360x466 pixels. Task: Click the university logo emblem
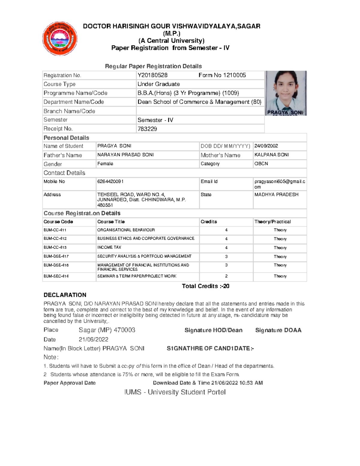click(x=60, y=39)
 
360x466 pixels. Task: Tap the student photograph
click(x=286, y=93)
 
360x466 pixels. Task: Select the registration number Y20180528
click(x=152, y=75)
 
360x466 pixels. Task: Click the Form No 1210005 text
click(x=222, y=75)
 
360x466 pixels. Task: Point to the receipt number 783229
click(x=147, y=129)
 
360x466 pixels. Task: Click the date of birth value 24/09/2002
click(x=266, y=146)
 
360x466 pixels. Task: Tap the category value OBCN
click(x=261, y=164)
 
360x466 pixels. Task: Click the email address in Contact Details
click(x=280, y=184)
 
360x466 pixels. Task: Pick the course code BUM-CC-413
click(x=55, y=248)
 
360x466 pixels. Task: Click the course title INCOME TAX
click(x=109, y=248)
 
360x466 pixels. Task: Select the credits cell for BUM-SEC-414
click(x=226, y=276)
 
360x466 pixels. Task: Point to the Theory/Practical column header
click(x=272, y=222)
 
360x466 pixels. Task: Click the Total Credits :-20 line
click(x=205, y=286)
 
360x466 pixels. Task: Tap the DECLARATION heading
click(x=65, y=295)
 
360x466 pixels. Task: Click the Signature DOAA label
click(x=278, y=330)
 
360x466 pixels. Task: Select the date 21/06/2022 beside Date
click(x=93, y=339)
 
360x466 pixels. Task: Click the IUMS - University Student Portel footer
click(x=175, y=392)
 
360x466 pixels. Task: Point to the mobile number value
click(x=110, y=182)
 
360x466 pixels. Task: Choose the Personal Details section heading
click(x=66, y=138)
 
